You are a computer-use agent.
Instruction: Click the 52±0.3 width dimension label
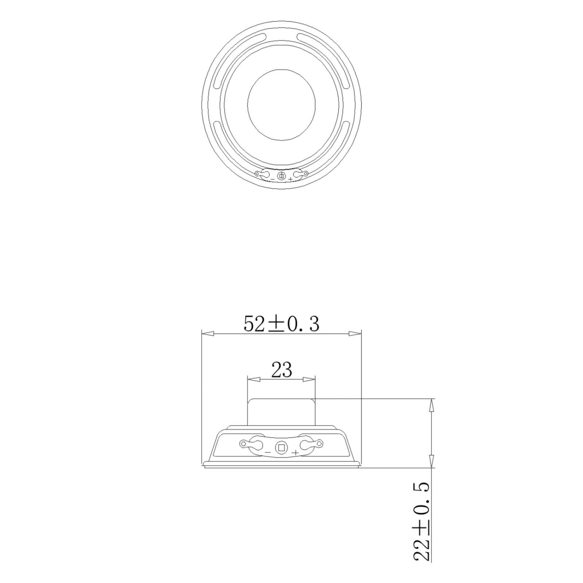pyautogui.click(x=281, y=324)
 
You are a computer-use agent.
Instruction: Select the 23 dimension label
pyautogui.click(x=282, y=370)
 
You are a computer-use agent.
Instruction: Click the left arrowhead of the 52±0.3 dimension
pyautogui.click(x=208, y=333)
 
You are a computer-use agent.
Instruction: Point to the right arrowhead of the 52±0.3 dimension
pyautogui.click(x=355, y=333)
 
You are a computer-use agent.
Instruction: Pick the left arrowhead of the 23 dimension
pyautogui.click(x=254, y=380)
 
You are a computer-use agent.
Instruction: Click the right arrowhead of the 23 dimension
pyautogui.click(x=309, y=380)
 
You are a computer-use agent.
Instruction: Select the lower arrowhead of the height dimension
pyautogui.click(x=432, y=461)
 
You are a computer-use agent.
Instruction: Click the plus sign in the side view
pyautogui.click(x=296, y=453)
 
